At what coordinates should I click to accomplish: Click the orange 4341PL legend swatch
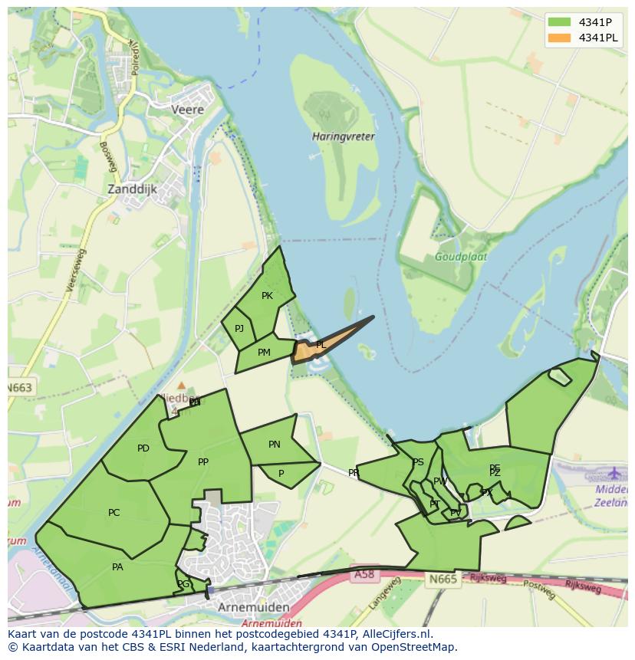(560, 38)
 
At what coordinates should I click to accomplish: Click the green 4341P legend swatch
(560, 21)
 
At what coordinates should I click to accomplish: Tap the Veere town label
(188, 110)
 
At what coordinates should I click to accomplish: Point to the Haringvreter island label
(344, 136)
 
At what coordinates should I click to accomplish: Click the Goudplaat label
(460, 257)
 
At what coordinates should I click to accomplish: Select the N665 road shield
(443, 579)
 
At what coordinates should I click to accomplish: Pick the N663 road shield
(20, 388)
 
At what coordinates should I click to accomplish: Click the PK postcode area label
(267, 296)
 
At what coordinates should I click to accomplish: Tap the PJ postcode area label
(239, 329)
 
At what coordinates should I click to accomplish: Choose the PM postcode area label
(264, 353)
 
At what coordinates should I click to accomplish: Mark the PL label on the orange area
(321, 345)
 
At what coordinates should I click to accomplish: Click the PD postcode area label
(143, 448)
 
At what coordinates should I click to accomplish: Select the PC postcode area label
(114, 513)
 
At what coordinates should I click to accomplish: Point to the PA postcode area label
(117, 567)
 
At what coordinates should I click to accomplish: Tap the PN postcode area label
(275, 445)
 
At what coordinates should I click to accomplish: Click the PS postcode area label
(418, 462)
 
